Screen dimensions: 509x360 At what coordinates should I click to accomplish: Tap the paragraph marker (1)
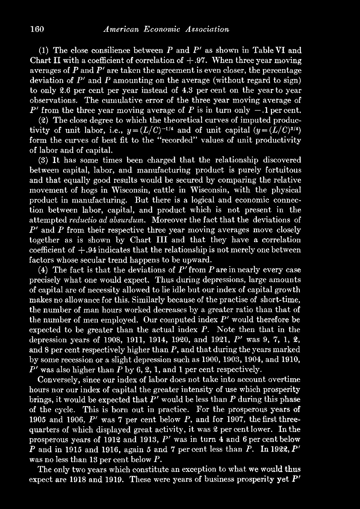(x=43, y=51)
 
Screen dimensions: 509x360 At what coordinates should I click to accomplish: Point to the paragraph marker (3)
(x=43, y=160)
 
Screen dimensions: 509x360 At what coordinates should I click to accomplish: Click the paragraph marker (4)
(x=43, y=270)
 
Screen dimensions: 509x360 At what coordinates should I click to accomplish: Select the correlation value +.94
(x=84, y=250)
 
